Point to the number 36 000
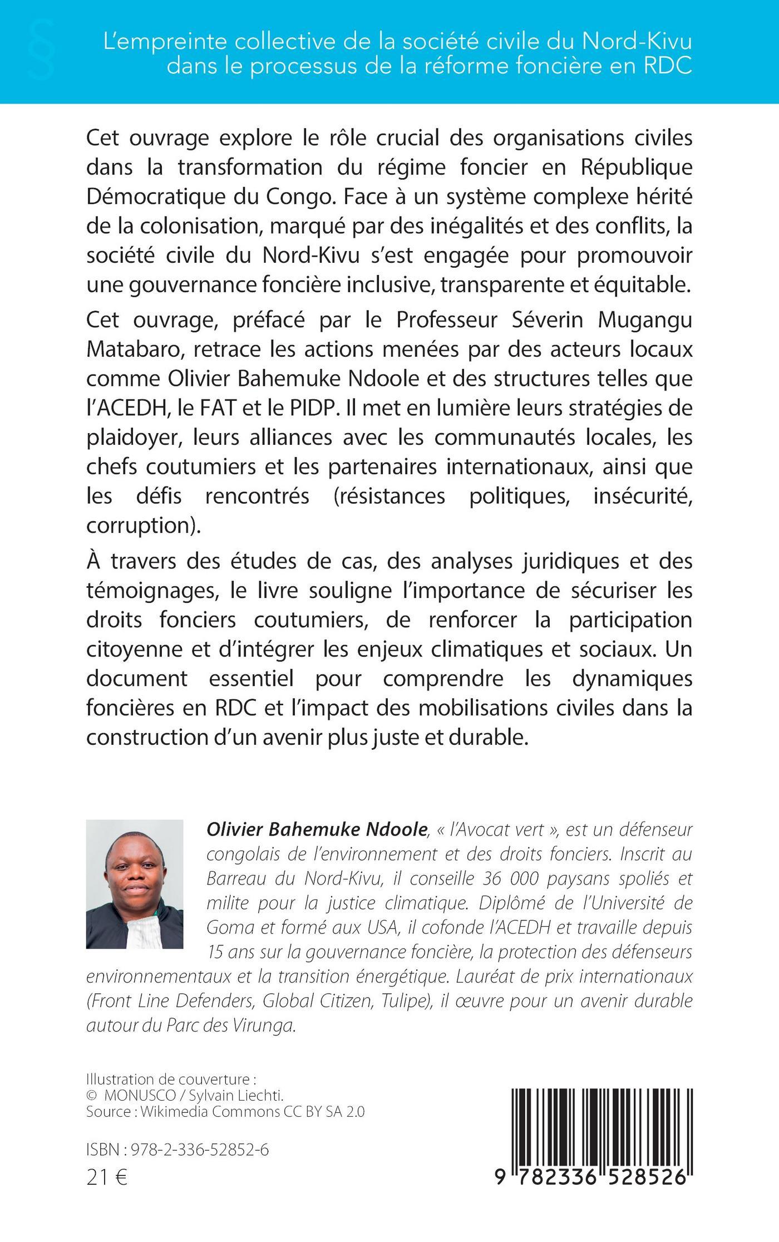[507, 878]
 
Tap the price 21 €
[107, 1178]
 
